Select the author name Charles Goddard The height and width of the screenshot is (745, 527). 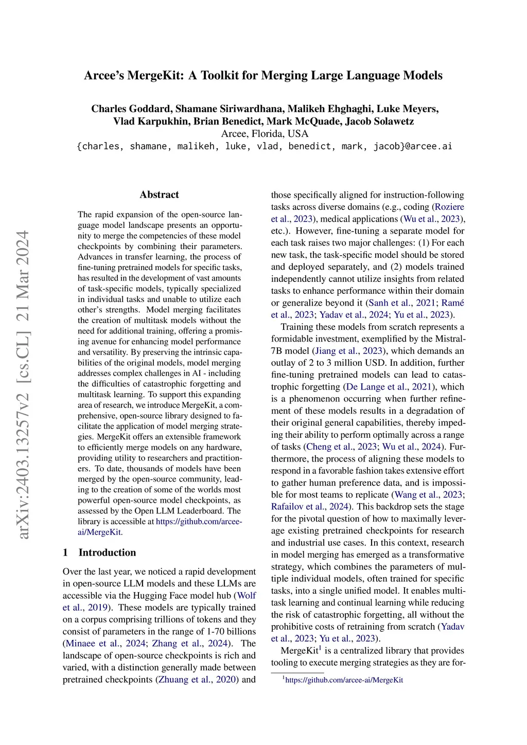[x=131, y=109]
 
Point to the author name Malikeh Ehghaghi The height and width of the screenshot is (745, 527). [x=329, y=109]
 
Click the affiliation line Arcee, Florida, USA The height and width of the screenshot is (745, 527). [x=265, y=134]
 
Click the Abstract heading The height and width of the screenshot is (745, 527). [x=159, y=194]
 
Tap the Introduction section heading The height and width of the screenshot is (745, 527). [x=107, y=553]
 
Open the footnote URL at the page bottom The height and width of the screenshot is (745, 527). [x=344, y=680]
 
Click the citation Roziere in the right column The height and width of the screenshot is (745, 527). [x=449, y=207]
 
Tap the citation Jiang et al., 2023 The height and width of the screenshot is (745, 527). [x=348, y=351]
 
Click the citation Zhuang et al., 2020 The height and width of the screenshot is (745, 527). [x=197, y=680]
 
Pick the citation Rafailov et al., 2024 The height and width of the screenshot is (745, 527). [x=312, y=507]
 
